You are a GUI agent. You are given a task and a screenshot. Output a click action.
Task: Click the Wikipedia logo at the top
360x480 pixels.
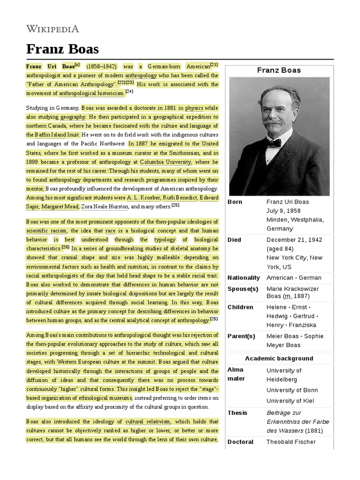coord(52,29)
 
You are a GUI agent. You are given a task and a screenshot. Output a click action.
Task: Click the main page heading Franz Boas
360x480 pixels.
coord(62,49)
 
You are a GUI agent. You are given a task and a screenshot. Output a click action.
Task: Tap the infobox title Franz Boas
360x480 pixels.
coord(279,70)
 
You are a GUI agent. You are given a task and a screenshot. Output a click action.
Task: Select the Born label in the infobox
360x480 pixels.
coord(235,202)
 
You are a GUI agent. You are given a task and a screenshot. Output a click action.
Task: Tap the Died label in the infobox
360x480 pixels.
coord(234,240)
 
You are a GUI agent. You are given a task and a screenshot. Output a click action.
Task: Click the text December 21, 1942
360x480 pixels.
coord(293,240)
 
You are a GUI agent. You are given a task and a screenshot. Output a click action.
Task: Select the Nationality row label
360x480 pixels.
coord(243,277)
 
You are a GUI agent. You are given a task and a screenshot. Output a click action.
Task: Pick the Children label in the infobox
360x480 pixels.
coord(240,307)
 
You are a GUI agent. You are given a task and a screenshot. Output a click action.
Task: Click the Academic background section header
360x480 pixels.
coord(279,358)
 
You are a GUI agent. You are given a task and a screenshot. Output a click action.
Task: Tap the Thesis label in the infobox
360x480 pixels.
coord(237,412)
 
